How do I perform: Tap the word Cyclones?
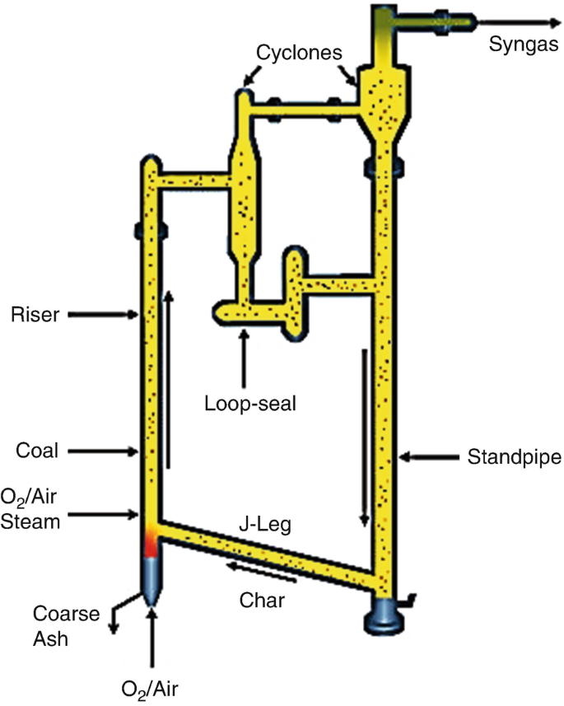click(x=299, y=50)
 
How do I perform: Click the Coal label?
click(x=34, y=451)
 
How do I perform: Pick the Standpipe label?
click(x=504, y=455)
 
